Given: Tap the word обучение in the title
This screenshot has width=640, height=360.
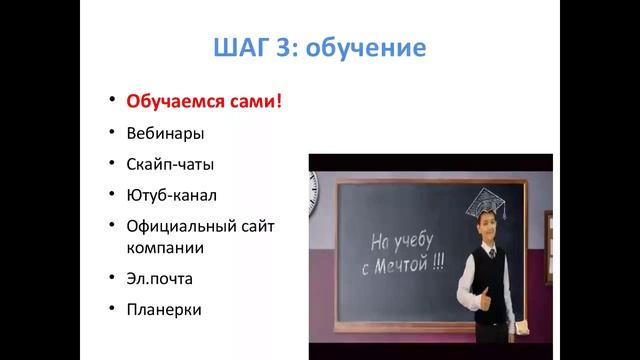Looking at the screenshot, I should [x=369, y=48].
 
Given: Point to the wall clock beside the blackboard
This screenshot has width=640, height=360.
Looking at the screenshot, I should [x=313, y=186].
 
